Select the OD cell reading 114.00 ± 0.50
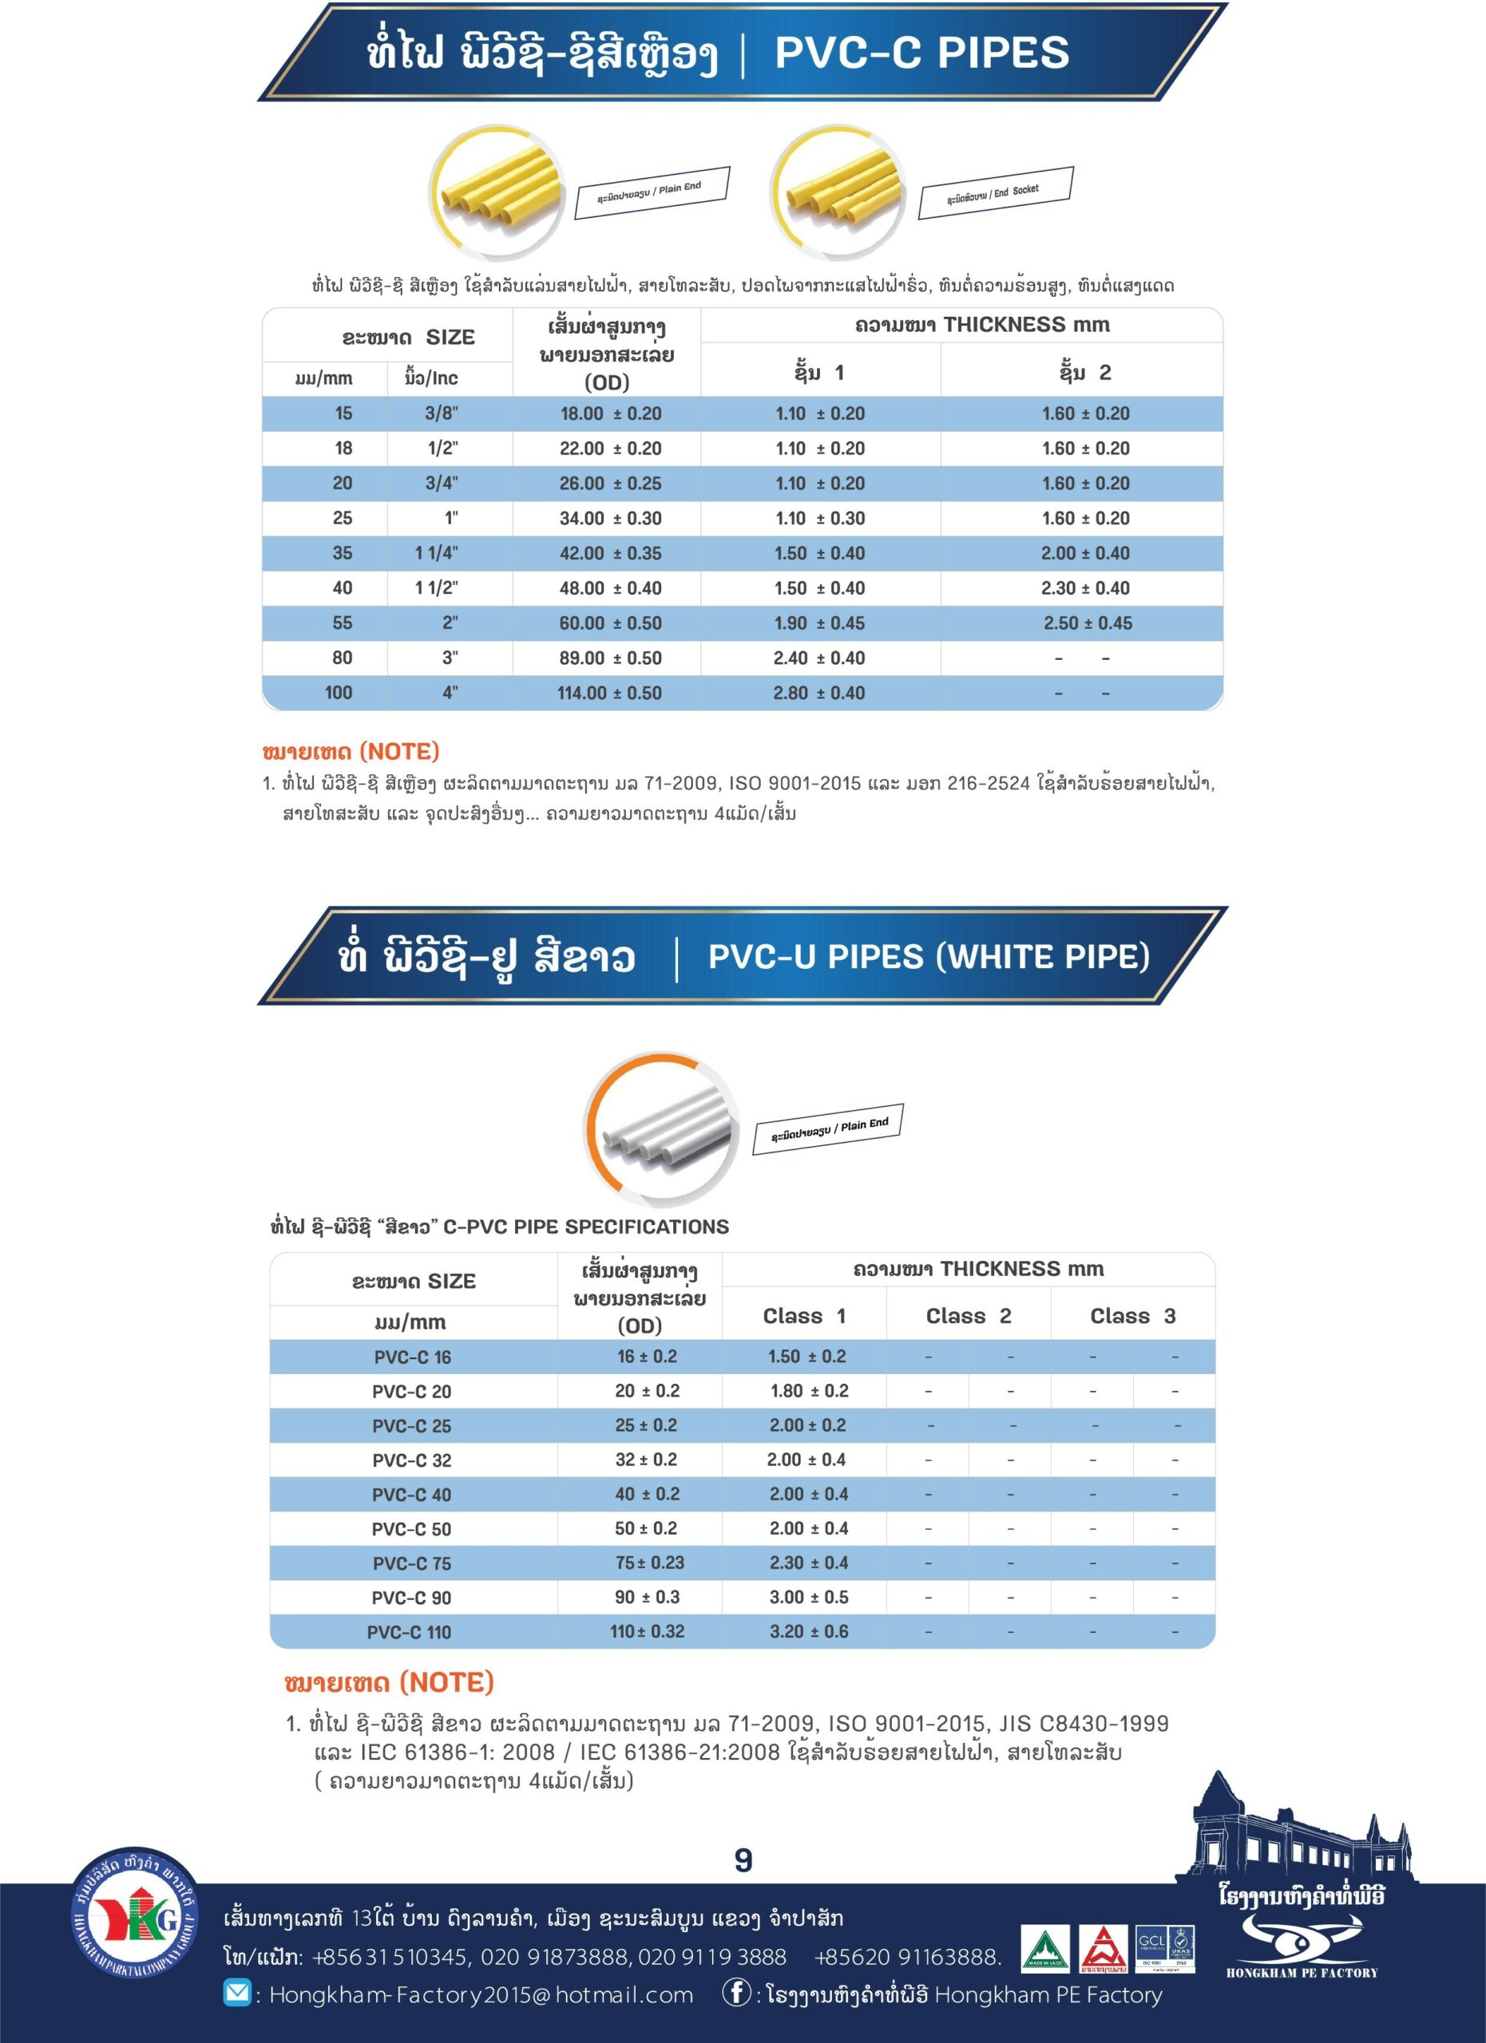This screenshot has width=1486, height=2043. [x=610, y=693]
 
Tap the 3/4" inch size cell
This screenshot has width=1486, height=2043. [x=442, y=484]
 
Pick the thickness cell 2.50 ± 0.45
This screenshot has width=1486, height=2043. [x=1088, y=623]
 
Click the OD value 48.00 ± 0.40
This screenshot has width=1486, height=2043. [x=610, y=588]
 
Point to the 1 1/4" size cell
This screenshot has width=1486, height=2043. [x=436, y=553]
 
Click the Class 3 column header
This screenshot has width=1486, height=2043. [x=1133, y=1316]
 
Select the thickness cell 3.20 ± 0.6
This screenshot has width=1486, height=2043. [x=808, y=1631]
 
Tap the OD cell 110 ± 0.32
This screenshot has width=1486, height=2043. [x=647, y=1631]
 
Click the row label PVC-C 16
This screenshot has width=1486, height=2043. [x=413, y=1357]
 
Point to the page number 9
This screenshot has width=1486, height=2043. [x=743, y=1861]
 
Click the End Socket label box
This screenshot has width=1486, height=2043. [x=995, y=192]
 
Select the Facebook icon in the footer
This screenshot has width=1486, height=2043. [x=736, y=1994]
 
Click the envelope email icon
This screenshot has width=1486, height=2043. [x=237, y=1994]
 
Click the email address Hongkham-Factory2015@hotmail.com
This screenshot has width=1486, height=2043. [x=481, y=1995]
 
